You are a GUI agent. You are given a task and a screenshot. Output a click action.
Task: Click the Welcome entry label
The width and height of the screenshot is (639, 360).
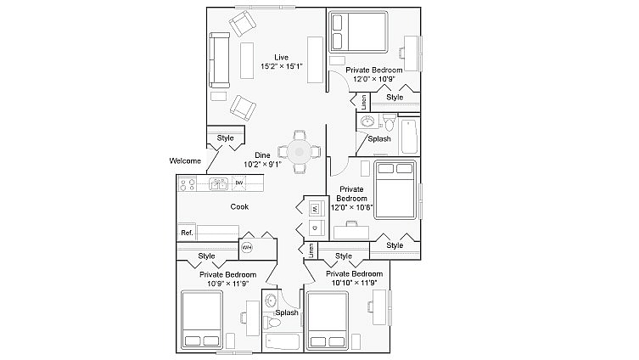(x=185, y=160)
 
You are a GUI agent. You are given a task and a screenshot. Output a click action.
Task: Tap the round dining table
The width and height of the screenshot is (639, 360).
(x=299, y=153)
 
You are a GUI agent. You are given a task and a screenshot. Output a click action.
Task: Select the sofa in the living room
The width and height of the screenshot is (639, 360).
(x=218, y=60)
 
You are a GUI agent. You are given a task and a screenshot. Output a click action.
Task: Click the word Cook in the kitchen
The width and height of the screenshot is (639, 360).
(x=239, y=206)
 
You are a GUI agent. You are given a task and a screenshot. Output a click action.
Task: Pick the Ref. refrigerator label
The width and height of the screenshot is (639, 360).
(x=187, y=233)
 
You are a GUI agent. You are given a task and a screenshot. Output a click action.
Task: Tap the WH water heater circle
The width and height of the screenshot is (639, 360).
(x=247, y=247)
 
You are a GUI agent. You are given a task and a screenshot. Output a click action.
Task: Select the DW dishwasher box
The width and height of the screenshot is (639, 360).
(x=239, y=183)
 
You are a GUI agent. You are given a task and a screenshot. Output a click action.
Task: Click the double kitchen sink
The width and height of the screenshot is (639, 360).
(x=218, y=183)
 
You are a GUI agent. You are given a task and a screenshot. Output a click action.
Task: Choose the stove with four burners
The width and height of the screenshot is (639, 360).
(x=189, y=183)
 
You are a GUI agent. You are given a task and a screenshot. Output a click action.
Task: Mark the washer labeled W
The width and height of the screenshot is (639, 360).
(x=312, y=208)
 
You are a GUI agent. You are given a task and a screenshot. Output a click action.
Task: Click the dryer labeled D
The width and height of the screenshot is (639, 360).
(x=312, y=228)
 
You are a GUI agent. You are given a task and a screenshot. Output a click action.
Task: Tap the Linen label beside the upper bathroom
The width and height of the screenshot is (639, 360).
(x=364, y=103)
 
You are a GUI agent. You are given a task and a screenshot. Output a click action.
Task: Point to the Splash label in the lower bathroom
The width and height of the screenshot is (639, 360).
(x=287, y=312)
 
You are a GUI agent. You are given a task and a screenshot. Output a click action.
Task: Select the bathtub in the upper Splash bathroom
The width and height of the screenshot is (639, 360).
(x=408, y=135)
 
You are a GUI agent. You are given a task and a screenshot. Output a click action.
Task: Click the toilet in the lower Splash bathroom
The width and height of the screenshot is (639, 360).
(x=272, y=322)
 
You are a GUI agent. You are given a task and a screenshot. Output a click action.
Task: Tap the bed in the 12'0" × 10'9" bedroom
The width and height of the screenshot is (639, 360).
(x=357, y=31)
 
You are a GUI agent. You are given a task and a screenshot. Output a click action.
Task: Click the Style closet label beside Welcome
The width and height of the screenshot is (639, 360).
(x=225, y=138)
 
